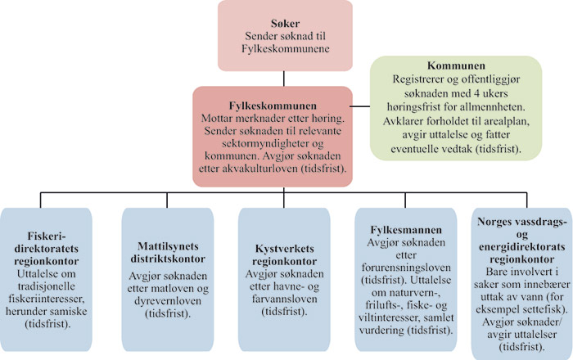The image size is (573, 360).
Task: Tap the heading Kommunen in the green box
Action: (457, 65)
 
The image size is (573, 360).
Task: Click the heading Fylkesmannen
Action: (399, 231)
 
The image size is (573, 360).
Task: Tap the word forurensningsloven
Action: (399, 264)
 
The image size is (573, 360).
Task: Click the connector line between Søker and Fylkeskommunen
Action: (285, 79)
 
